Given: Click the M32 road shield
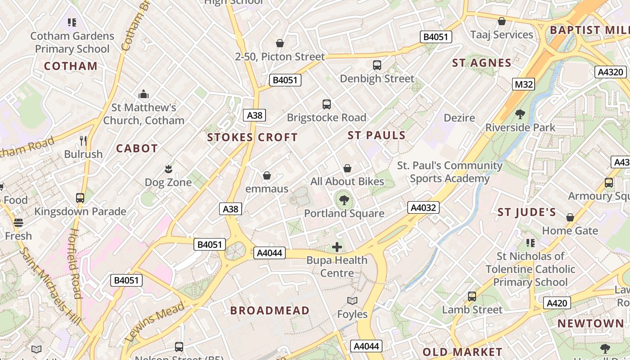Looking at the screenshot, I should (523, 84).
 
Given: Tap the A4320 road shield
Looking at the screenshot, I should (610, 72).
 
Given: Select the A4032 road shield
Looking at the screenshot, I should (423, 207).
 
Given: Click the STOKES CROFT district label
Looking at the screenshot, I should (252, 137).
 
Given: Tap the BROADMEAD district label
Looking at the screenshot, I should (270, 310).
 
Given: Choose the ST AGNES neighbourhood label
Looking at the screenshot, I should (481, 63).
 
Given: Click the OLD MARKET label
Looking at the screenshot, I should (462, 352).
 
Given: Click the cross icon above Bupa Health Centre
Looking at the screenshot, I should (337, 247).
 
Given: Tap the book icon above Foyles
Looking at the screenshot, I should (352, 301).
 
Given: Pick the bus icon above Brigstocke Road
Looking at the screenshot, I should (327, 104).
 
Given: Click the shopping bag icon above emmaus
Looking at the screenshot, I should (267, 175).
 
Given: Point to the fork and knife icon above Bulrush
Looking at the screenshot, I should (83, 141).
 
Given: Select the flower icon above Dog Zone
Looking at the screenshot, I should (168, 169).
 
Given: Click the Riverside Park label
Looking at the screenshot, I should (520, 127).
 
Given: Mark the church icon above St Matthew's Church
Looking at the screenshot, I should (144, 94).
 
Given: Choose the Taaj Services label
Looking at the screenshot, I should (501, 35).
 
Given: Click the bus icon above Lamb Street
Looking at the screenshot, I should (472, 297).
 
